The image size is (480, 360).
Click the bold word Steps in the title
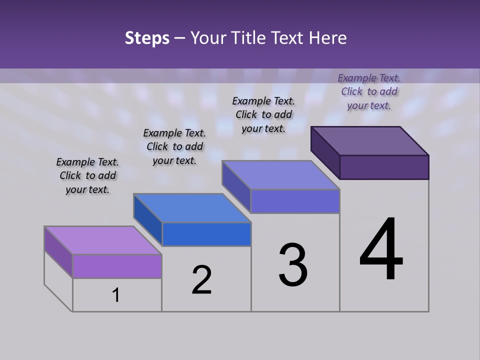[x=147, y=38]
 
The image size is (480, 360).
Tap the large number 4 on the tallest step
[x=381, y=249]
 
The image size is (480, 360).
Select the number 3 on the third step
[x=293, y=265]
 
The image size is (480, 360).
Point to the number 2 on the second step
[x=201, y=280]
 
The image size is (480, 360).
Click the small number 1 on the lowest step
[x=116, y=295]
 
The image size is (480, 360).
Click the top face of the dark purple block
[x=369, y=140]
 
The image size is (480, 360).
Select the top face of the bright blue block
[x=192, y=207]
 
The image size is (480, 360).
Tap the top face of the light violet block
[x=103, y=240]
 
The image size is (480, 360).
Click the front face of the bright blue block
[x=206, y=234]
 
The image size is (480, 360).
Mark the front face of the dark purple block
[x=384, y=167]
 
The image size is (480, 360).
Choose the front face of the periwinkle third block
[x=295, y=201]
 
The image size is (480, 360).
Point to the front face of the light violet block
[x=117, y=266]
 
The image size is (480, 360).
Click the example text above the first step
[x=87, y=175]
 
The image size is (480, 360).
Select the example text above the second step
[x=174, y=146]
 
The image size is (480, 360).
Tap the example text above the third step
[x=263, y=114]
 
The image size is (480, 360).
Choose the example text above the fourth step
[x=369, y=91]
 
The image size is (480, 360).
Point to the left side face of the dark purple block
[x=325, y=152]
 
